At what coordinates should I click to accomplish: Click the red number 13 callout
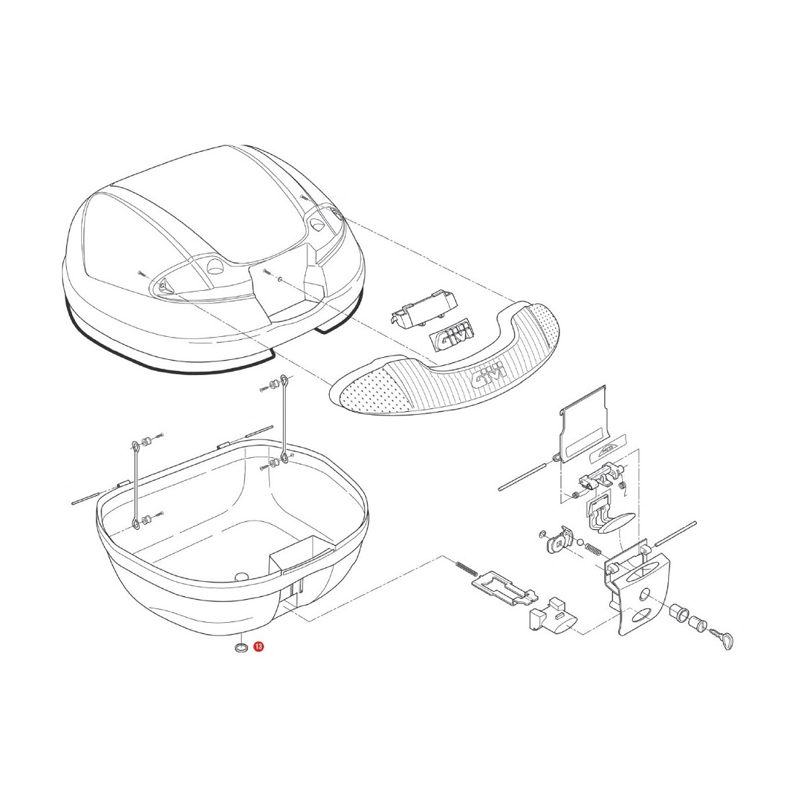[258, 647]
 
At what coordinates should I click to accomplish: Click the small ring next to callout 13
[241, 647]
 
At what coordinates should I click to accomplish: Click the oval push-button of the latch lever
[613, 523]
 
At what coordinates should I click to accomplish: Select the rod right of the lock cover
[676, 532]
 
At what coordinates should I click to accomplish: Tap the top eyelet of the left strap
[135, 446]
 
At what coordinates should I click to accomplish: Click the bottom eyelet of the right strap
[285, 458]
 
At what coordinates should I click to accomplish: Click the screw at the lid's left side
[141, 274]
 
